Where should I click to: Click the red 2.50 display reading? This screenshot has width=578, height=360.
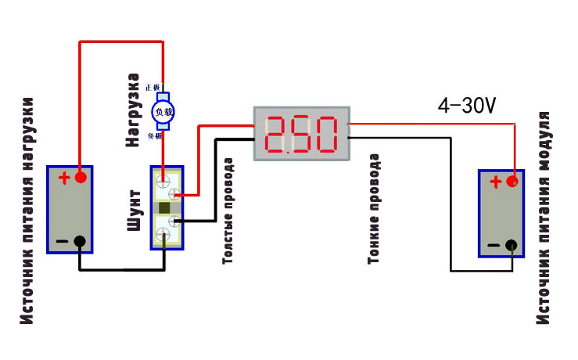point(301,135)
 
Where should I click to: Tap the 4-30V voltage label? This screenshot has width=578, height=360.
point(467,106)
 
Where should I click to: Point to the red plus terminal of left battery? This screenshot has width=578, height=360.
point(79,178)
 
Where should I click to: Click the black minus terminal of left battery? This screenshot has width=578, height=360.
point(79,242)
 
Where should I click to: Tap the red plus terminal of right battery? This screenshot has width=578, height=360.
point(512,182)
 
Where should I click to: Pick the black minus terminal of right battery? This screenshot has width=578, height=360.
point(512,246)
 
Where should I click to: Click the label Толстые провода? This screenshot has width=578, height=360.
point(228,211)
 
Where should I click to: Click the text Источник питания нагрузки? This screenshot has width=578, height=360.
point(28,211)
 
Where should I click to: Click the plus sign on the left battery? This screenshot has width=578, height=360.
point(63,178)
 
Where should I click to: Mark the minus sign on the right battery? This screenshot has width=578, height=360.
point(494,247)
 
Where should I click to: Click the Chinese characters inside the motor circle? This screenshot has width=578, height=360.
point(163,112)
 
